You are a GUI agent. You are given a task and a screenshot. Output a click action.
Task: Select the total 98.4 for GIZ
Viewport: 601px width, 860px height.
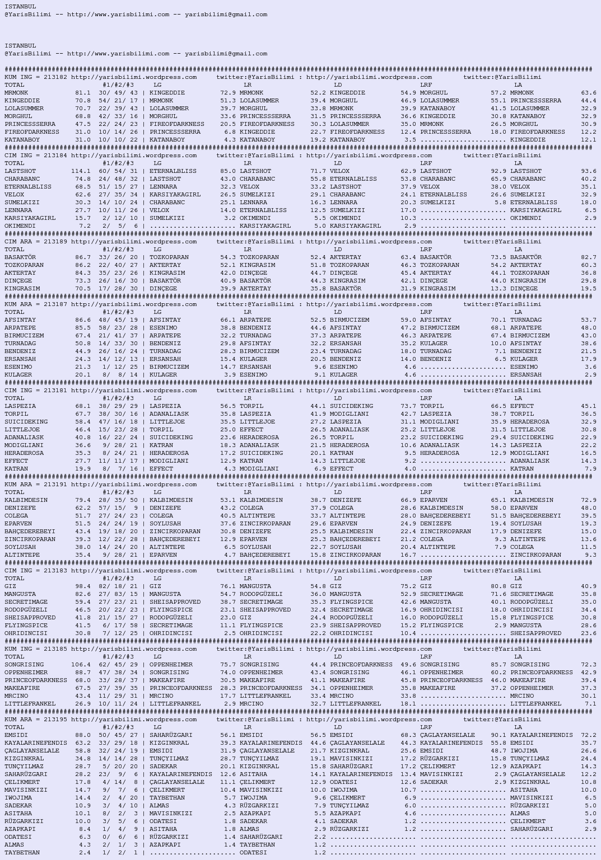(x=82, y=586)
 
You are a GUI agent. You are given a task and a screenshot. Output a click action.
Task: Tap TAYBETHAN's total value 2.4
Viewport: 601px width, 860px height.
(x=85, y=853)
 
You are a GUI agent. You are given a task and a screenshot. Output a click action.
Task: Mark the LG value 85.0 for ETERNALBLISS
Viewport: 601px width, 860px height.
(x=227, y=171)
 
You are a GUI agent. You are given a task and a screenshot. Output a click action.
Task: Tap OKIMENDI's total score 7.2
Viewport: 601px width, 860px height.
(x=85, y=226)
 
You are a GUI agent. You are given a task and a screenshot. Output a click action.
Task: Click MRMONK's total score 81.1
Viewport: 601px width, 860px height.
(x=82, y=93)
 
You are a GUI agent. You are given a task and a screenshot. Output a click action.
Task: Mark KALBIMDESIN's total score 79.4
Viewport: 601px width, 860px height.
(x=82, y=500)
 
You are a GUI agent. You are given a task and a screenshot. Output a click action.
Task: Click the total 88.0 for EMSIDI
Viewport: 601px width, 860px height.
(x=82, y=735)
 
